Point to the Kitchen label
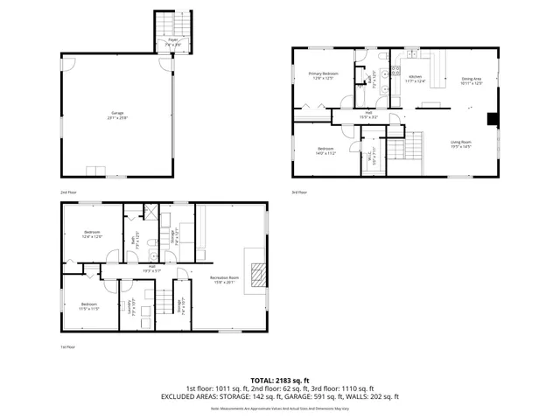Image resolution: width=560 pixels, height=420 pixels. pos(415,79)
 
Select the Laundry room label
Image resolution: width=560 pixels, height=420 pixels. pos(130,308)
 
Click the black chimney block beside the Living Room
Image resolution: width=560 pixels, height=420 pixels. pos(493,121)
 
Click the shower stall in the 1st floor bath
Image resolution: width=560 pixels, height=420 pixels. pos(150,213)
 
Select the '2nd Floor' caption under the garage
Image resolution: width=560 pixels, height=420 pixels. pos(67,192)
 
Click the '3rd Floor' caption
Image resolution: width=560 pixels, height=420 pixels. pos(299,192)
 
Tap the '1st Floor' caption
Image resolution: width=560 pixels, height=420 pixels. pos(67,347)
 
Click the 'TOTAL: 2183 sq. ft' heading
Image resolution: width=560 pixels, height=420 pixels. pos(279,380)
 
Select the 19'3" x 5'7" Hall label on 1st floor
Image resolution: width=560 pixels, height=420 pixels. pos(151,269)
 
